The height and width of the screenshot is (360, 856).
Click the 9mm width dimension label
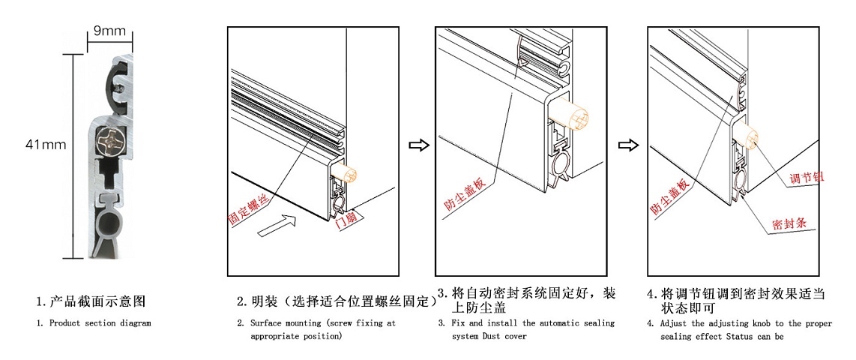click(x=109, y=31)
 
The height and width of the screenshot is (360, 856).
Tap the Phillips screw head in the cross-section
click(x=111, y=139)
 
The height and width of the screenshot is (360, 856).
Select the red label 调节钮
click(x=807, y=178)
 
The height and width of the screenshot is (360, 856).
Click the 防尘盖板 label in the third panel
click(x=462, y=193)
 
